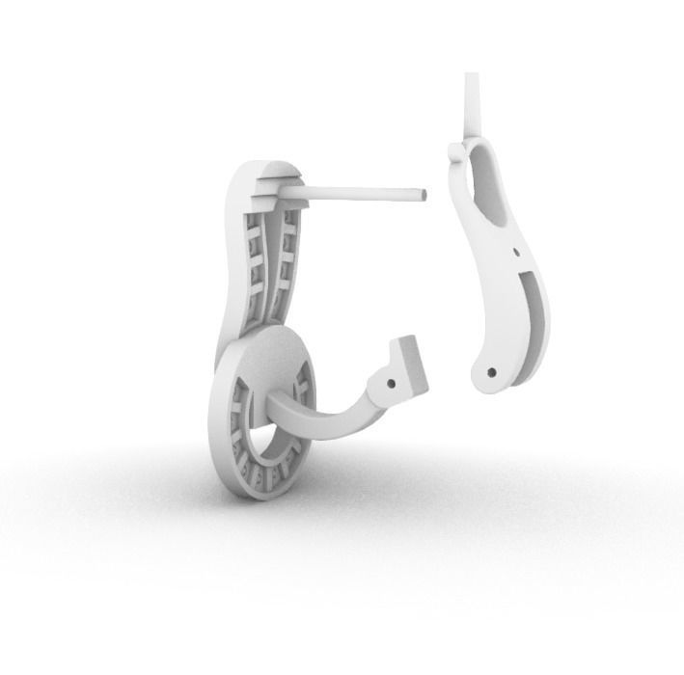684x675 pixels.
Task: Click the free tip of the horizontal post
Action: (x=423, y=194)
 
